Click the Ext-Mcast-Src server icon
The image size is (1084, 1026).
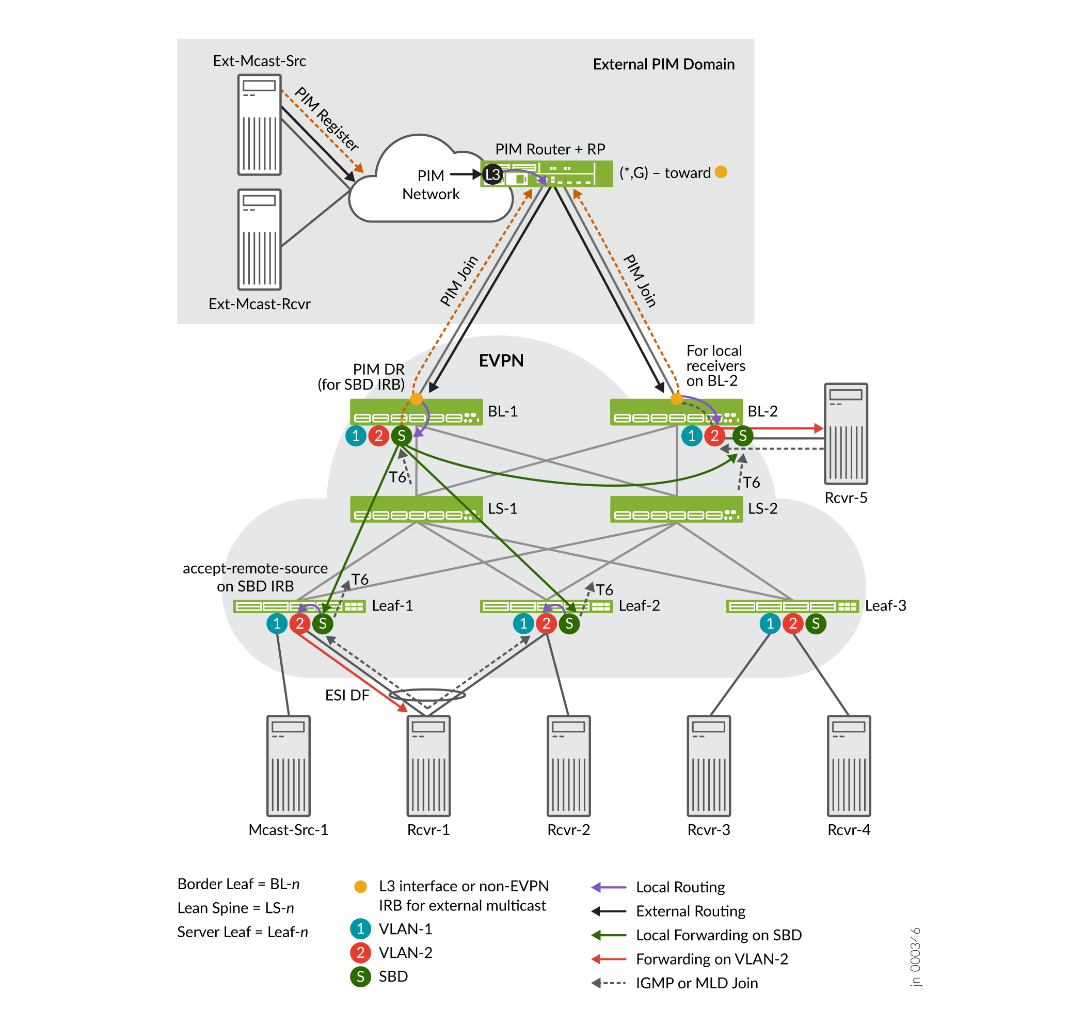click(259, 125)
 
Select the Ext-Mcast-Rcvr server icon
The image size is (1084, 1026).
click(259, 239)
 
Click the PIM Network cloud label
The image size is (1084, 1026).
click(431, 185)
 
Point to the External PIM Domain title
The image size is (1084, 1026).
click(663, 65)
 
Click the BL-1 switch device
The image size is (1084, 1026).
click(416, 412)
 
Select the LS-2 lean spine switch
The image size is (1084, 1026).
click(676, 509)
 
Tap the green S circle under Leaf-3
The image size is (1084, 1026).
click(816, 623)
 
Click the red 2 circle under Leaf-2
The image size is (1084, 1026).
click(546, 623)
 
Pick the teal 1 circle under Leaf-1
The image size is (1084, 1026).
click(277, 623)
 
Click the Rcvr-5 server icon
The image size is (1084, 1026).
click(846, 434)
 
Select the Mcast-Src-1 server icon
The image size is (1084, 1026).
click(288, 766)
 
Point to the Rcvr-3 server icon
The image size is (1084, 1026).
click(708, 766)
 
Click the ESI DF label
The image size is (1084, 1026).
click(347, 695)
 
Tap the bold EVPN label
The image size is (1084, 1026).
click(501, 361)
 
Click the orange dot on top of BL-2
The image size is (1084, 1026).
click(677, 399)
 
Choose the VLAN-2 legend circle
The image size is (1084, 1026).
click(360, 953)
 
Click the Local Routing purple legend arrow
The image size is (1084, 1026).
click(609, 887)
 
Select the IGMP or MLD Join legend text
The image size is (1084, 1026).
click(697, 983)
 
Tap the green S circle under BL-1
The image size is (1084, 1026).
click(402, 436)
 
